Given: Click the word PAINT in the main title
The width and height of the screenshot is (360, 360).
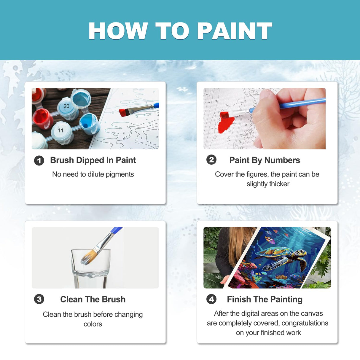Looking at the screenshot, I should [x=234, y=31].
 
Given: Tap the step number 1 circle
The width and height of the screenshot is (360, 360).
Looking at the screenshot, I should [x=39, y=161].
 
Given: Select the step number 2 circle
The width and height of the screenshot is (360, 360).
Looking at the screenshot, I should [x=211, y=160].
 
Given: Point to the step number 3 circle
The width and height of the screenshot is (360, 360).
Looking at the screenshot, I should [x=39, y=299].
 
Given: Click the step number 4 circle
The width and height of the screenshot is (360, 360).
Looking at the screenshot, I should [x=211, y=299].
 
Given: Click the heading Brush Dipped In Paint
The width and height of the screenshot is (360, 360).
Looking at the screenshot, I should [x=93, y=160].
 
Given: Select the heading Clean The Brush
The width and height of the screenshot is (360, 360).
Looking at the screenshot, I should [x=93, y=299].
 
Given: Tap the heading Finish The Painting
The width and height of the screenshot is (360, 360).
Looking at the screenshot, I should [x=265, y=299].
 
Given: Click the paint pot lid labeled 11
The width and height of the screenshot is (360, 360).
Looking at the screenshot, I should [x=61, y=130].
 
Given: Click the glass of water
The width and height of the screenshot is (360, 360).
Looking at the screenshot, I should [x=91, y=268].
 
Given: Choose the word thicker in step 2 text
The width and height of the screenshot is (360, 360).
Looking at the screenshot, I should [x=279, y=184].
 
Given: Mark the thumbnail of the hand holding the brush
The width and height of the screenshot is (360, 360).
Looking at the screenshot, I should [x=265, y=118].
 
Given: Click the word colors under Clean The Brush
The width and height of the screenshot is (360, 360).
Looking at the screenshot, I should [x=93, y=324].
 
